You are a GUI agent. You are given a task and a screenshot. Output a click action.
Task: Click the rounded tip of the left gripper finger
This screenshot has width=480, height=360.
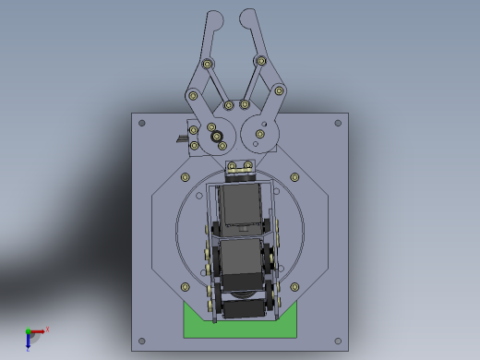tap(214, 17)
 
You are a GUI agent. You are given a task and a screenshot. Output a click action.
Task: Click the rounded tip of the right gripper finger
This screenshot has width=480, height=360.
tap(247, 16)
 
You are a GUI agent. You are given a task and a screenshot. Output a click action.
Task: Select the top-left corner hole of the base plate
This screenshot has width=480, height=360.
tap(141, 123)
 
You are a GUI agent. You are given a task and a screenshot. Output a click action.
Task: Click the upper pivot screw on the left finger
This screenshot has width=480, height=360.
tap(208, 64)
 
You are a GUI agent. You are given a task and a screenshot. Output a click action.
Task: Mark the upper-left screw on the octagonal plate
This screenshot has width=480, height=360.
tap(185, 176)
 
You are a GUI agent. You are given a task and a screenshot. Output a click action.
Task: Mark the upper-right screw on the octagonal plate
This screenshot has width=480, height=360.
tap(294, 176)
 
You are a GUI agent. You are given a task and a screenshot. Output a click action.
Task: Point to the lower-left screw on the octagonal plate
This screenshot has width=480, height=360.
tap(185, 285)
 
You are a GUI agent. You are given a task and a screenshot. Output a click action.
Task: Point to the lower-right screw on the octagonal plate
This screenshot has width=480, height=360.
tap(295, 285)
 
